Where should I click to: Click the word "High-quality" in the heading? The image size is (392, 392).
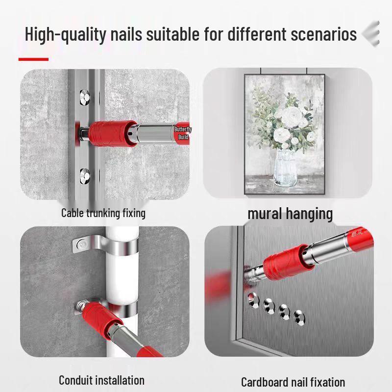66,34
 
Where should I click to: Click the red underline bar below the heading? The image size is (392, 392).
33,59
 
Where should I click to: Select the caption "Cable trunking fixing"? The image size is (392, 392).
103,213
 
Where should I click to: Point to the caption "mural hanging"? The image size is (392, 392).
290,214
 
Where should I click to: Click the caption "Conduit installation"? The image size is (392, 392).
101,380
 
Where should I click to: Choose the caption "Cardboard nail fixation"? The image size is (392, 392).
293,382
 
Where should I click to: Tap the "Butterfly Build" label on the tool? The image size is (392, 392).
183,133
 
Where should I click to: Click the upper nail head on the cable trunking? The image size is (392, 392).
85,97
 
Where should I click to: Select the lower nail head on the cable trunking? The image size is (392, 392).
85,176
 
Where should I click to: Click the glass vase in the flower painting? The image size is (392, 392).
286,168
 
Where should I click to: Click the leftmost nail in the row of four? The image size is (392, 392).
253,300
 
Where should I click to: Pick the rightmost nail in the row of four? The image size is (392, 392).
299,318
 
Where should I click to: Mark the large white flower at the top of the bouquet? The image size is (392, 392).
291,117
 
